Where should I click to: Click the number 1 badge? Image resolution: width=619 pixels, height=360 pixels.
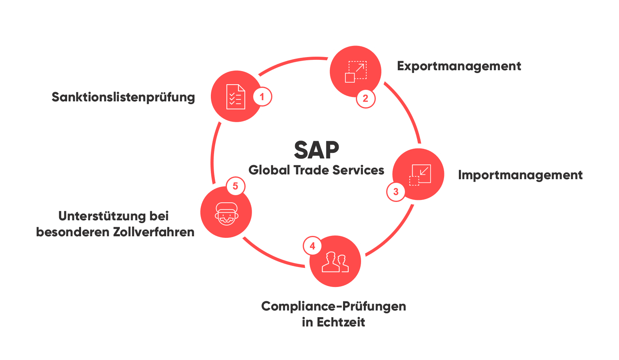262,97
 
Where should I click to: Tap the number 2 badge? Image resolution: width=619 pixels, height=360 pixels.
365,99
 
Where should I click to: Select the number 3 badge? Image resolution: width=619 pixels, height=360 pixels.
396,192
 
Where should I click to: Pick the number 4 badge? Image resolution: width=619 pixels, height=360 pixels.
312,246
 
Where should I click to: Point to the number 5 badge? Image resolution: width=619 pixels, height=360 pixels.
235,186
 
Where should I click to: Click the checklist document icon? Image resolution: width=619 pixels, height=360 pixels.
236,97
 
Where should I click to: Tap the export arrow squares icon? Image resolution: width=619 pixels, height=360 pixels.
355,72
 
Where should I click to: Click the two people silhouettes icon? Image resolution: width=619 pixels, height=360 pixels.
335,262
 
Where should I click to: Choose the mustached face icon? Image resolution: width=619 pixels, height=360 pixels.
226,214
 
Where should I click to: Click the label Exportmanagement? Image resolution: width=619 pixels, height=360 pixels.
459,66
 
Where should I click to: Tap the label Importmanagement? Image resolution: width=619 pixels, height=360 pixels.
520,175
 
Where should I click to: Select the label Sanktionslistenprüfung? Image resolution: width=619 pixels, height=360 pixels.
123,97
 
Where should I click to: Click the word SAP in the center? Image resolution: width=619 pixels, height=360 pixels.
316,150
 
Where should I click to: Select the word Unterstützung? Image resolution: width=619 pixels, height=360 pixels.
102,216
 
